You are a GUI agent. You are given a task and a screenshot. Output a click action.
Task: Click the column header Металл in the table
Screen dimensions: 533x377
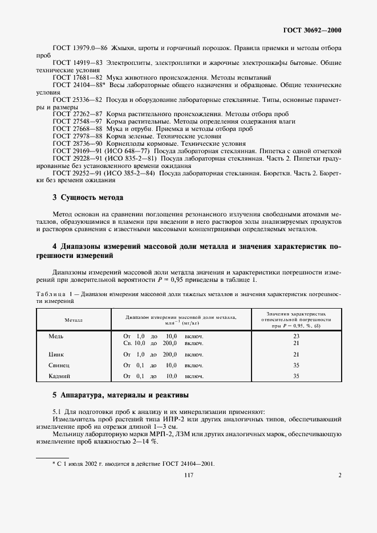click(x=73, y=321)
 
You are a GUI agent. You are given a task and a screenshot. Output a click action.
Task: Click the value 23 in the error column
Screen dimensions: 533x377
click(x=296, y=337)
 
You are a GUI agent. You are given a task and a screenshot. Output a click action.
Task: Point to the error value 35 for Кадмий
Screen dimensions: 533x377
click(x=296, y=376)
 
